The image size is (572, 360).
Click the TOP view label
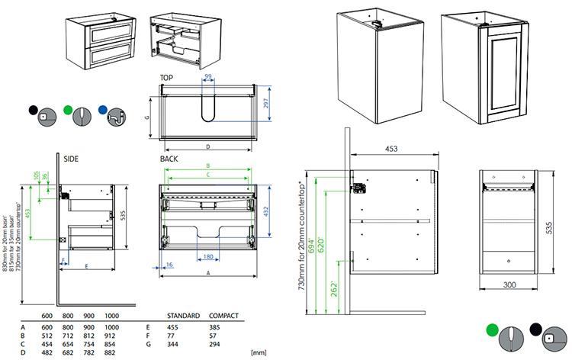[168, 78]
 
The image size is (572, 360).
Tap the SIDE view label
[72, 159]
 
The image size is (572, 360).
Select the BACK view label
[169, 159]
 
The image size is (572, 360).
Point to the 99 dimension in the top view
[207, 79]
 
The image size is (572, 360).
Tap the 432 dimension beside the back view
[266, 209]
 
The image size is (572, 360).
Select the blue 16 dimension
[168, 264]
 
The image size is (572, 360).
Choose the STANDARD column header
[183, 315]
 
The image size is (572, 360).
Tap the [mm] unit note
[257, 352]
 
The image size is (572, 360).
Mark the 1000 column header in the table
[112, 315]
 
